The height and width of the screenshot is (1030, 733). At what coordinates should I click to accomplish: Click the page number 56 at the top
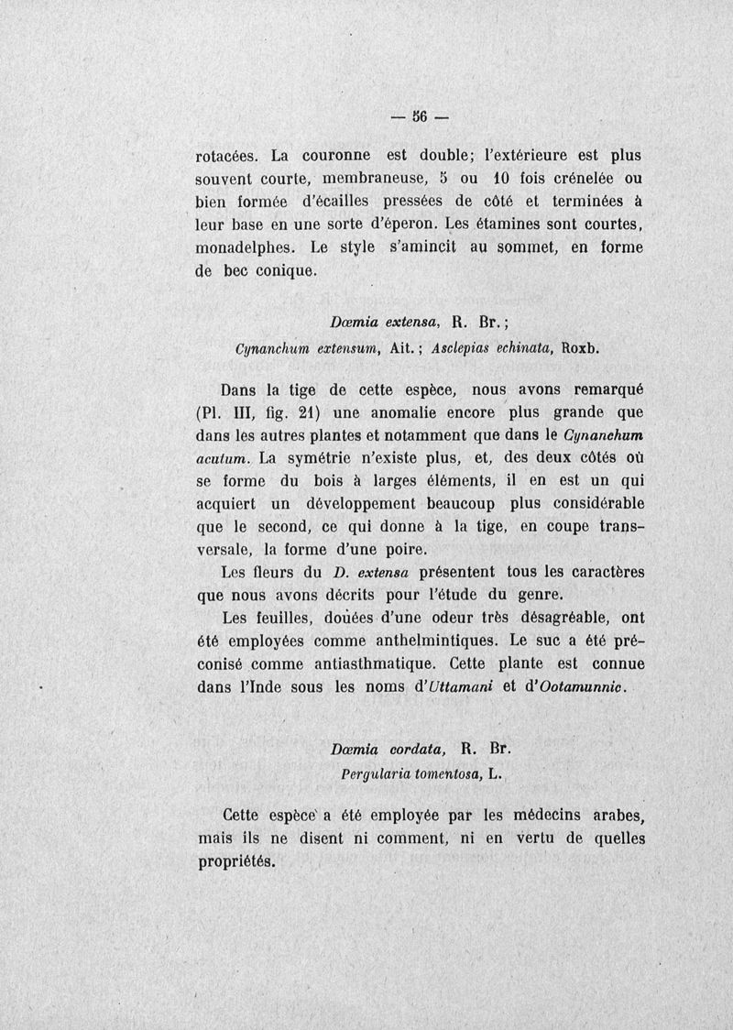pyautogui.click(x=421, y=116)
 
